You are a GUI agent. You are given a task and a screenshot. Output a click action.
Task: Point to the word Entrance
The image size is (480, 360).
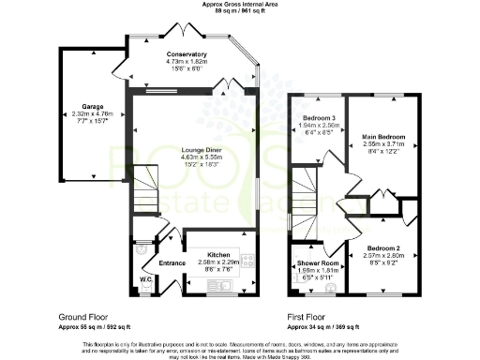[x=172, y=262]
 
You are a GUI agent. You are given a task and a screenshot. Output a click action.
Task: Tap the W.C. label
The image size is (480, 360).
[x=145, y=278]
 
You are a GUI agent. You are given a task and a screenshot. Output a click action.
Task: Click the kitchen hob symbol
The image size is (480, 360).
[x=248, y=260]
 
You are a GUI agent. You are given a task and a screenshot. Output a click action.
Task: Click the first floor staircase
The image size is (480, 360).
[x=305, y=188]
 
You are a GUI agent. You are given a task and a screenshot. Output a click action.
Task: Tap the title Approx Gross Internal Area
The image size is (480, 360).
[x=239, y=4]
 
